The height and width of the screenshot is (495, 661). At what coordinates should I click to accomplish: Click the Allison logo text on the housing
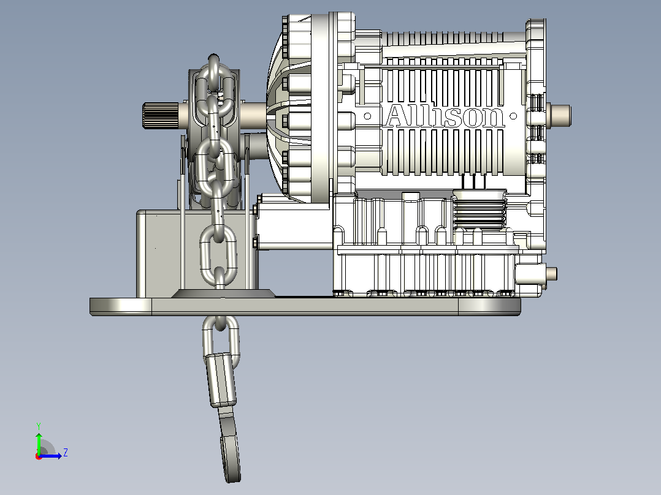[x=446, y=116]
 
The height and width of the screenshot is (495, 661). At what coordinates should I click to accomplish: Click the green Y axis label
[x=39, y=426]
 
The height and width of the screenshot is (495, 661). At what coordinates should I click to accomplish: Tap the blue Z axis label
[x=66, y=453]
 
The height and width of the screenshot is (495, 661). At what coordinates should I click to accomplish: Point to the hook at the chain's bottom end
[x=230, y=447]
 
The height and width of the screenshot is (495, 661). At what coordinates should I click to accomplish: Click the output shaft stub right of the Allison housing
[x=559, y=115]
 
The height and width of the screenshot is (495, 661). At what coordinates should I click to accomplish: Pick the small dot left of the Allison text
[x=367, y=116]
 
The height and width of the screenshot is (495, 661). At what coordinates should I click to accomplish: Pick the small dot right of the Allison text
[x=513, y=116]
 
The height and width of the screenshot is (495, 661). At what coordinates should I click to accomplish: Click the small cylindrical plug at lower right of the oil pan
[x=551, y=274]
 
